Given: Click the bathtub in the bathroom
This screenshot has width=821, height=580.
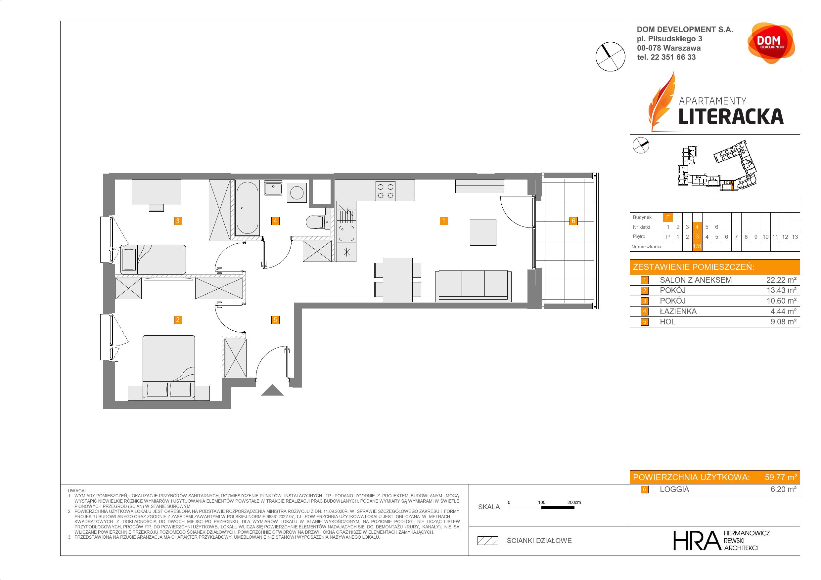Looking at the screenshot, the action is click(x=247, y=208).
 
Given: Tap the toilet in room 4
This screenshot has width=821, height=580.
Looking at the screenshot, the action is click(x=319, y=221).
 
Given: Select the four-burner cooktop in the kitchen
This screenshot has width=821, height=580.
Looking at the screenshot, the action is click(x=386, y=190).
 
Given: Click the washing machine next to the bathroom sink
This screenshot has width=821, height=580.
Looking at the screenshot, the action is click(x=297, y=193).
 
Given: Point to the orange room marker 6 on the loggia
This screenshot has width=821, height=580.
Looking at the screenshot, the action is click(x=573, y=221).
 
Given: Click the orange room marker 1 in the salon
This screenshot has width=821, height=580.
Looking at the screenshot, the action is click(x=444, y=221).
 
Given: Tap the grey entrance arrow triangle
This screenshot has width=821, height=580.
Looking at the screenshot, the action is click(x=272, y=390).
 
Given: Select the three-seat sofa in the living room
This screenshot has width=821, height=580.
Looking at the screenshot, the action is click(x=473, y=286).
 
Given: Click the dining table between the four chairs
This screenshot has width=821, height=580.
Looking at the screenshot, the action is click(x=398, y=280).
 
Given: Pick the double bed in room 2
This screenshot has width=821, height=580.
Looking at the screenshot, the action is click(x=169, y=367).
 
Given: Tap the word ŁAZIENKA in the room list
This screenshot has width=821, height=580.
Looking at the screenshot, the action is click(x=678, y=311).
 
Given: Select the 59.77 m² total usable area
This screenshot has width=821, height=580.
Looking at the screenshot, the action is click(x=781, y=477).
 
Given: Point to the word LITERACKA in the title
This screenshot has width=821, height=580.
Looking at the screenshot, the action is click(x=731, y=116).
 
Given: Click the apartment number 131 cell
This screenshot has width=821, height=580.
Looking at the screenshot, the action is click(x=697, y=247).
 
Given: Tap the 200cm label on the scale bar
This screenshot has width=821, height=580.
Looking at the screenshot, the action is click(x=574, y=502).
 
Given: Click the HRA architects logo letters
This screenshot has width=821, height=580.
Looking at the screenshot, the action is click(x=697, y=540).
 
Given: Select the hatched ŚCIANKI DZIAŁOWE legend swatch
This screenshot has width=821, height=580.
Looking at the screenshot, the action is click(x=488, y=541).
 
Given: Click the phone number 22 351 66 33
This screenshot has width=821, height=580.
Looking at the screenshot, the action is click(x=673, y=57).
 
